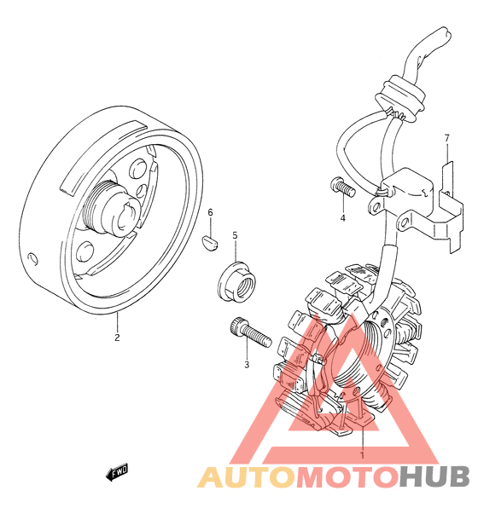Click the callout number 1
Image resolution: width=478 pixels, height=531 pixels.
point(362,455)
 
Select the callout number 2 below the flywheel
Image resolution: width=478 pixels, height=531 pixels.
point(117,338)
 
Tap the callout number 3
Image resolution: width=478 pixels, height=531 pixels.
point(247,365)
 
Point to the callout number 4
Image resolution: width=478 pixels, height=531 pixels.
point(342,218)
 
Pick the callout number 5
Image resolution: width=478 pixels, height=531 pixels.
point(235,235)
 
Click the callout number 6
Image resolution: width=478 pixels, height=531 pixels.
point(210,212)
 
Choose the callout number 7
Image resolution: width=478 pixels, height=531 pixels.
point(446,138)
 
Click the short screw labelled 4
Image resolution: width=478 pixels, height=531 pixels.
point(342,188)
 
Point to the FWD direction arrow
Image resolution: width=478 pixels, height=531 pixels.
point(117,471)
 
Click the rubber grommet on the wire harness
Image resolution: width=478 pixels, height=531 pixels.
point(400,99)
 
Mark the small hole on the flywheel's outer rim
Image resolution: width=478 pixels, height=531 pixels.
point(33,259)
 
